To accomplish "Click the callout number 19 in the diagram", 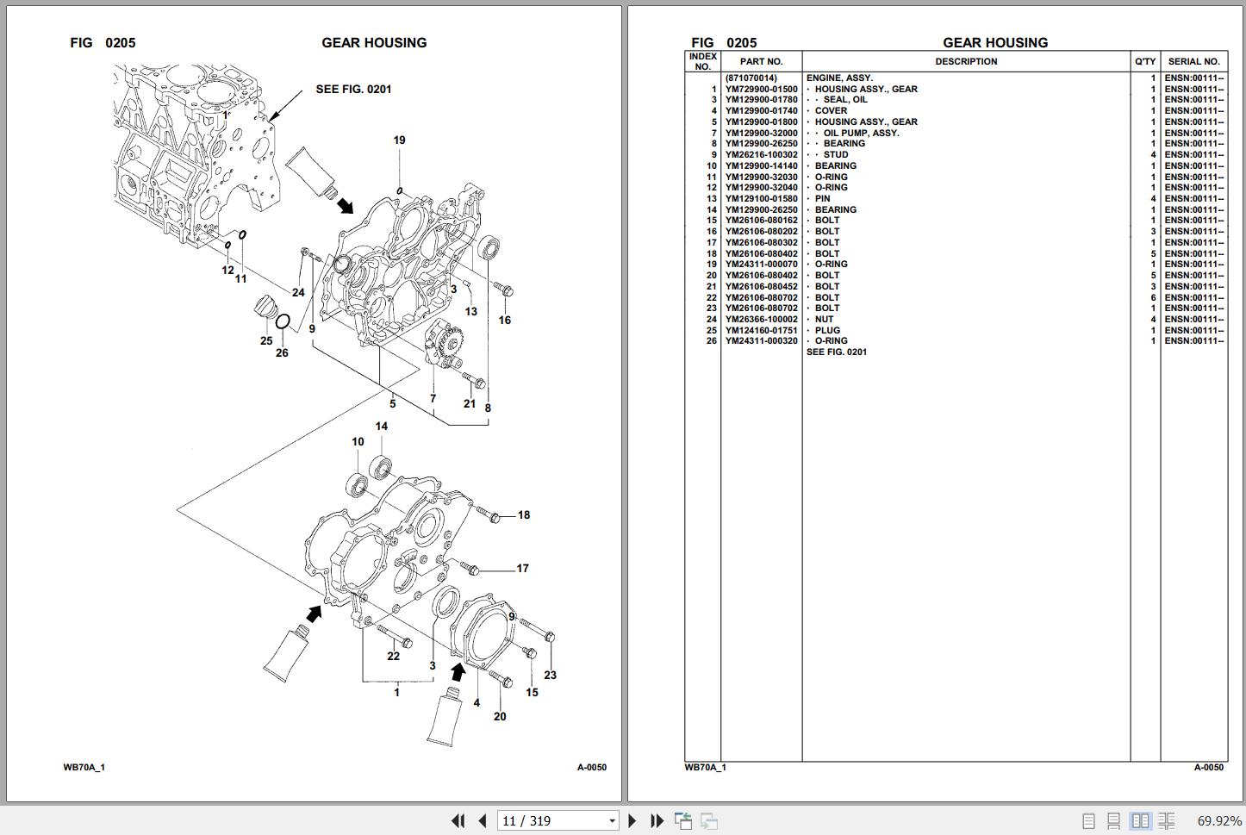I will coord(399,140).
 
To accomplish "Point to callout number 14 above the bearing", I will coord(381,427).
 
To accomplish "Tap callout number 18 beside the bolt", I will coord(523,515).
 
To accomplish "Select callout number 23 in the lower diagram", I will coord(550,676).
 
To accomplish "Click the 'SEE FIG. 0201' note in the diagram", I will coord(353,90).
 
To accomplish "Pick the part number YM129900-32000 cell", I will coord(761,133).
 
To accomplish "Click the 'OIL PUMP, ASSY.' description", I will coord(860,133).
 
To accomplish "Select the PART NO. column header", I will coord(761,62).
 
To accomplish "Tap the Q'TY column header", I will coord(1145,62).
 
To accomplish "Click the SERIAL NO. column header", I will coord(1193,62).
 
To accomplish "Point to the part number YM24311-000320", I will coord(761,341).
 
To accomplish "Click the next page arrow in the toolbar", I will coord(632,821).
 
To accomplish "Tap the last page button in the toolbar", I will coord(657,821).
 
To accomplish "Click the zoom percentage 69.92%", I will coord(1218,821).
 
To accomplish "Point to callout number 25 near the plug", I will coord(266,341).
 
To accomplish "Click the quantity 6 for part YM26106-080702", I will coord(1153,297).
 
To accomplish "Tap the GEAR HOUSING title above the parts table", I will coord(995,43).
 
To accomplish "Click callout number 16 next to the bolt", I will coord(504,321).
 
